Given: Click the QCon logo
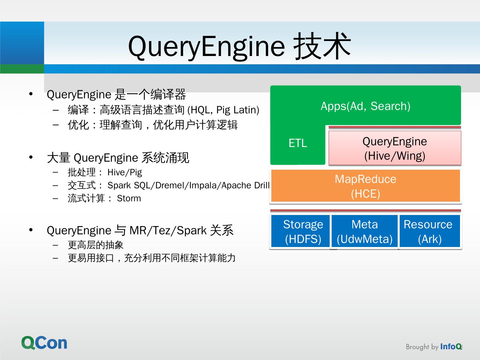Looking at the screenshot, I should pos(44,343).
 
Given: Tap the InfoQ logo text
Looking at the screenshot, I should pos(451,347).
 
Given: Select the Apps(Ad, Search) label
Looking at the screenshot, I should pos(365,106).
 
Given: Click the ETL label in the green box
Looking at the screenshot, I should pos(298,143).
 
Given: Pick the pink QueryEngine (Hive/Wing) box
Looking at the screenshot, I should pos(395,148).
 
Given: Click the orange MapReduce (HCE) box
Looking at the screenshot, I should pos(365,186).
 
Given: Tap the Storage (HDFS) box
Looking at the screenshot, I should pos(303,232).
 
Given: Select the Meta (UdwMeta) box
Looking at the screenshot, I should pos(365,232).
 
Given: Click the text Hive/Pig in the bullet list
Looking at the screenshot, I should pos(125,172).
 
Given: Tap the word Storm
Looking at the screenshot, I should pos(129,198).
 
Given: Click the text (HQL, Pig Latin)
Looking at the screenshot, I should pos(223,110).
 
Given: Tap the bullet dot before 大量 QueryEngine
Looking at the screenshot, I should pos(31,157).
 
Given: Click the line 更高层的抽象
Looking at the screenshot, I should pos(96,245).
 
